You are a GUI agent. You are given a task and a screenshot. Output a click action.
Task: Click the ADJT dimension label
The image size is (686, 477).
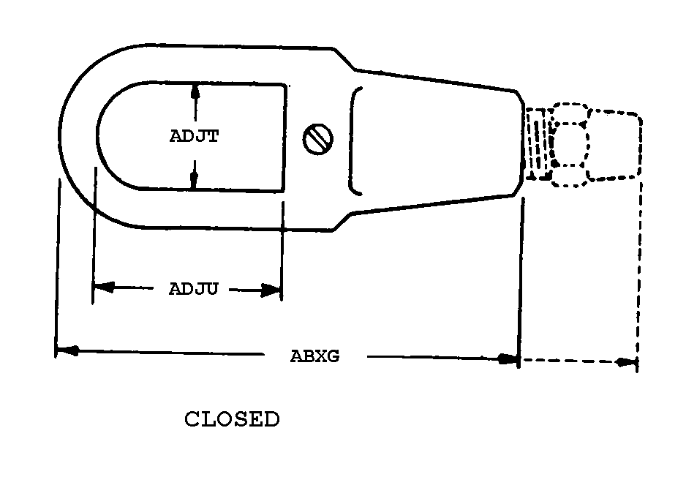click(194, 137)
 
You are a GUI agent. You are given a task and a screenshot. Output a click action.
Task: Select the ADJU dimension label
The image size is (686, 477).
click(194, 289)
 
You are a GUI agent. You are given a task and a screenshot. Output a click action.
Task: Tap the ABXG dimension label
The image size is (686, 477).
click(314, 357)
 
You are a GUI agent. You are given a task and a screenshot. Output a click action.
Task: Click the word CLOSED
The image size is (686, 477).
click(231, 420)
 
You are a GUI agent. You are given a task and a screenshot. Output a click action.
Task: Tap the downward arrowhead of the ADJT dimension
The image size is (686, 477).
click(195, 183)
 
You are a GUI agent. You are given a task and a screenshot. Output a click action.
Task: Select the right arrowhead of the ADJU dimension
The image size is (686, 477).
click(274, 290)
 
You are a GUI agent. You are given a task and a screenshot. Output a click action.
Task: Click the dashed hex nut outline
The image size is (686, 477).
click(570, 144)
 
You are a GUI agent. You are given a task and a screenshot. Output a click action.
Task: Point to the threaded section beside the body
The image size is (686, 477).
click(538, 143)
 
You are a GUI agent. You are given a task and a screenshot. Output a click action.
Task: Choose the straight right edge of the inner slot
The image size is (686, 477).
click(284, 137)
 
